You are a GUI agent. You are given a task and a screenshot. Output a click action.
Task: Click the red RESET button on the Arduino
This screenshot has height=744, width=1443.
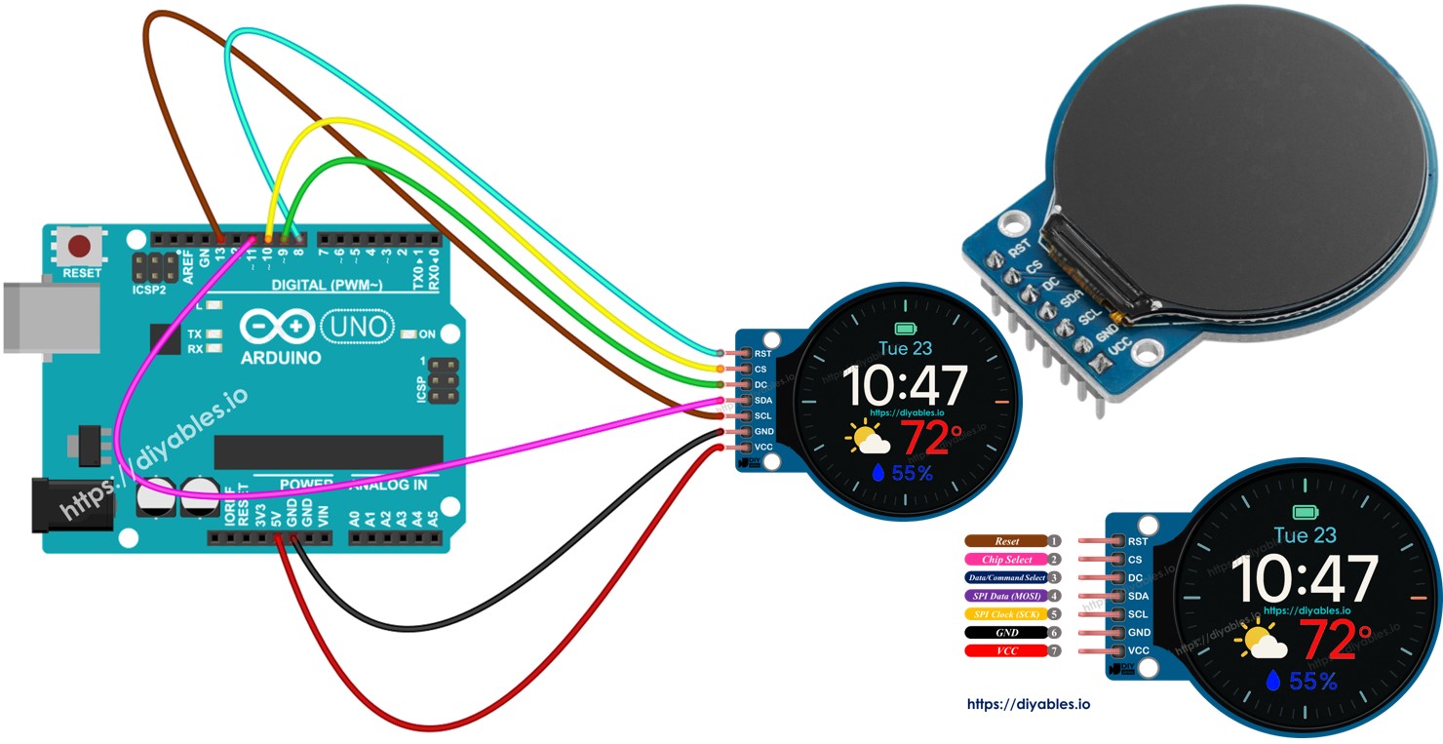pyautogui.click(x=82, y=247)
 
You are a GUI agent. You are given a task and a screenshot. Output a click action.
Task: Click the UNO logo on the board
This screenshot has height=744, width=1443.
pyautogui.click(x=356, y=325)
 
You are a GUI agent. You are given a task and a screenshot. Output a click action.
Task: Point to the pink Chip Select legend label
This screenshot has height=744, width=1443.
pyautogui.click(x=1006, y=560)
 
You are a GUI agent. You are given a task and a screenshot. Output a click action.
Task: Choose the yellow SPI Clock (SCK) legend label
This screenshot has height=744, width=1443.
pyautogui.click(x=1006, y=614)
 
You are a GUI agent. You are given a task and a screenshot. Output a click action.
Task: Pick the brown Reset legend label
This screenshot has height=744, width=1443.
pyautogui.click(x=1006, y=541)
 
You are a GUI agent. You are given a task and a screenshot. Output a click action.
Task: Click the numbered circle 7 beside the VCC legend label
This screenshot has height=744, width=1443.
pyautogui.click(x=1054, y=650)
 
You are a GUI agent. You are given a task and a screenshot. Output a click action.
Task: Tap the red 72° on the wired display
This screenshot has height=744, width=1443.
pyautogui.click(x=930, y=439)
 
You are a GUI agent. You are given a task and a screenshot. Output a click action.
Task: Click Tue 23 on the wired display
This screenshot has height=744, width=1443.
pyautogui.click(x=906, y=348)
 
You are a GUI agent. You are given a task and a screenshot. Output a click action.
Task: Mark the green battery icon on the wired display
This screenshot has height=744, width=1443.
pyautogui.click(x=907, y=328)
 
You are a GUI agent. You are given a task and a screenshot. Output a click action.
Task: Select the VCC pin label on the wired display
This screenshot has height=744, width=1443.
pyautogui.click(x=763, y=447)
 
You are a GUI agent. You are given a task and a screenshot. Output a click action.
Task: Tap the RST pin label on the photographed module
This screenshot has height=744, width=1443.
pyautogui.click(x=1020, y=250)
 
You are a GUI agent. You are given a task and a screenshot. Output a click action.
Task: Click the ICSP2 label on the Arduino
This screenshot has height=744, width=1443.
pyautogui.click(x=149, y=290)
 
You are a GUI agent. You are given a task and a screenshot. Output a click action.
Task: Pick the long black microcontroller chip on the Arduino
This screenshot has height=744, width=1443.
pyautogui.click(x=328, y=451)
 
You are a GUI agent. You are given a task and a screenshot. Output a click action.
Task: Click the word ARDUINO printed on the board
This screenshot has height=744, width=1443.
pyautogui.click(x=281, y=358)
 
